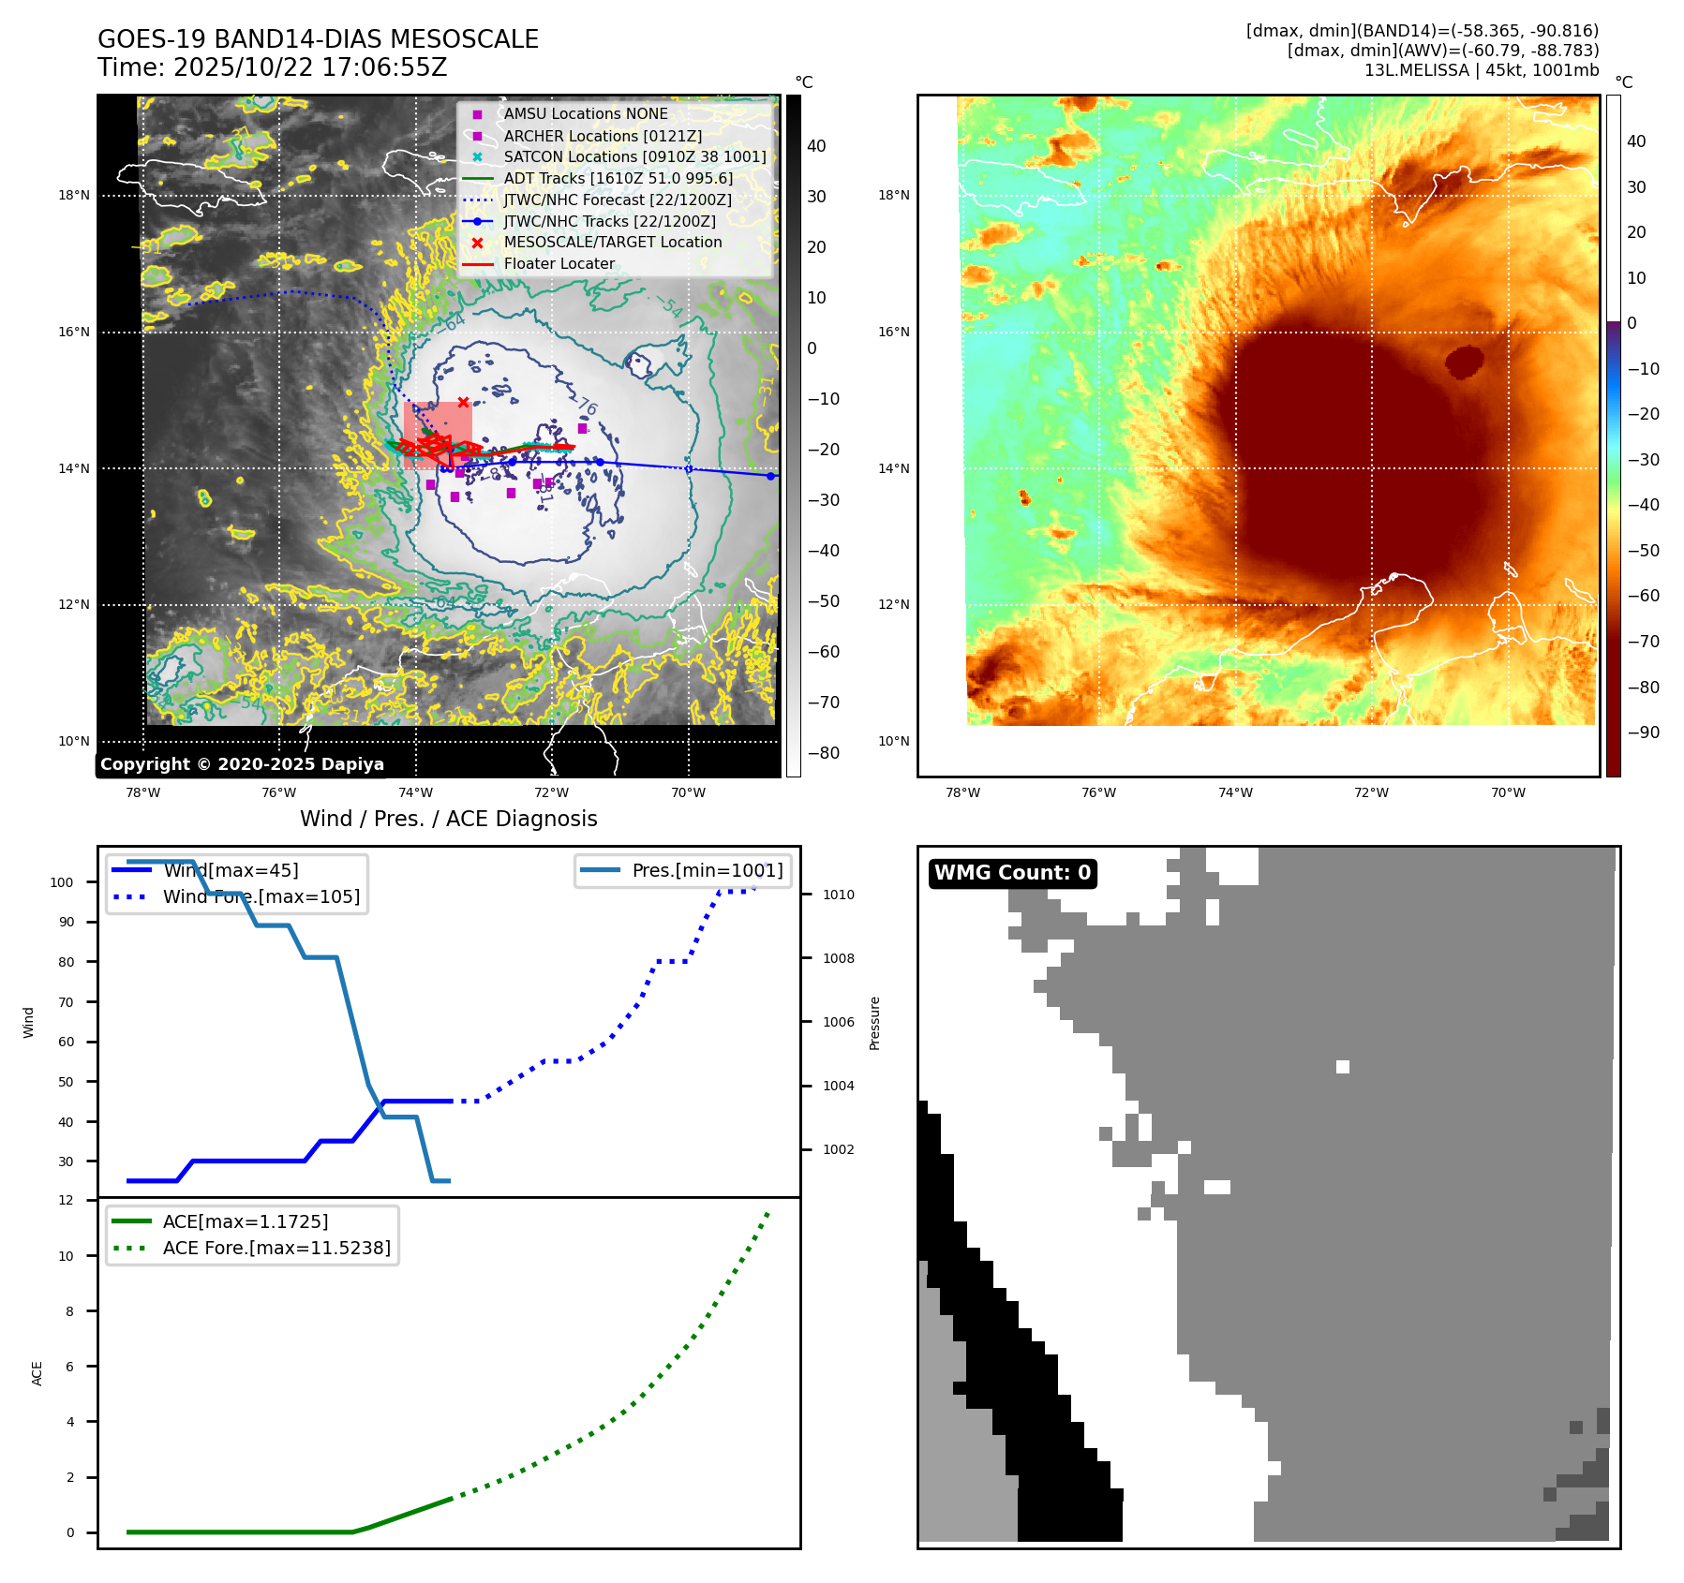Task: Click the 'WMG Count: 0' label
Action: point(1012,873)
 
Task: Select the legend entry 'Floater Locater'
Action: point(559,264)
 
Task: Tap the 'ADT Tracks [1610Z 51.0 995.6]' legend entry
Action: point(618,178)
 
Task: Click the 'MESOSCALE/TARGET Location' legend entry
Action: point(612,243)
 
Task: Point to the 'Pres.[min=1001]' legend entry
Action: point(707,870)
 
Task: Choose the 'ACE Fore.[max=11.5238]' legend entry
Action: point(276,1248)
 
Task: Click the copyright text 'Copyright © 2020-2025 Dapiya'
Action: point(242,764)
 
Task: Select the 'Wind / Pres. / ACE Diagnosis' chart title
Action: point(448,819)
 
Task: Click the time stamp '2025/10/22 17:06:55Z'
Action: point(310,67)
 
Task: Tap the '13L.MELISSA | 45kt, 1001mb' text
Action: point(1481,70)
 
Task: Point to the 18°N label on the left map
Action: point(74,196)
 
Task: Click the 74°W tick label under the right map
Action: point(1235,792)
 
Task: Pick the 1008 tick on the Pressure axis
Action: point(839,958)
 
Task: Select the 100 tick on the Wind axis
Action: point(62,882)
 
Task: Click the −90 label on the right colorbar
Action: point(1644,732)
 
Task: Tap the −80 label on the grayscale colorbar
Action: point(824,753)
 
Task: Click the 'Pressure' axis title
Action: point(874,1023)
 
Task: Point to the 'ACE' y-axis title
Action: point(37,1373)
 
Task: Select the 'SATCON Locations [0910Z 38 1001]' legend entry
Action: point(634,157)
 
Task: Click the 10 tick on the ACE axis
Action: point(67,1256)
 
